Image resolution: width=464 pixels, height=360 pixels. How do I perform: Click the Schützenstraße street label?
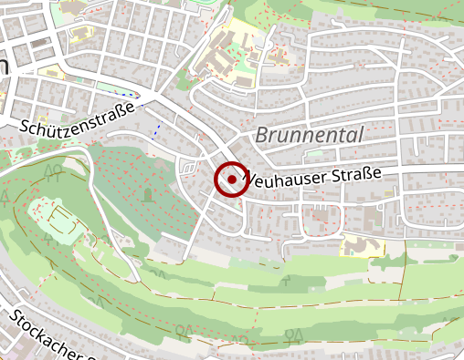(x=78, y=118)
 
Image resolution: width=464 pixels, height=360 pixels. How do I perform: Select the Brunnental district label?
(x=310, y=134)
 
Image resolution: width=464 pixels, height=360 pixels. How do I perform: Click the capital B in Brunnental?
(x=262, y=135)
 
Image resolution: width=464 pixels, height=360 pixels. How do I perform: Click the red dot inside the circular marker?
(x=232, y=180)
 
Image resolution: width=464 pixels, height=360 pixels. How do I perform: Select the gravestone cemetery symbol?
(x=147, y=194)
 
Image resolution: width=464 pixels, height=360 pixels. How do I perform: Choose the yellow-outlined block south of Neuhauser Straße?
(x=355, y=244)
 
